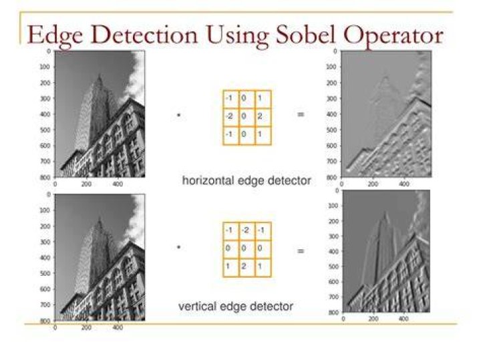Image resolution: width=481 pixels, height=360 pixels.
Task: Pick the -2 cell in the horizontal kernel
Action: pyautogui.click(x=231, y=117)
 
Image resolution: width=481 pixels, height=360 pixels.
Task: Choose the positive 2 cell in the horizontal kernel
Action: pyautogui.click(x=263, y=117)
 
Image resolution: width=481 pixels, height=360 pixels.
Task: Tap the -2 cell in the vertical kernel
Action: pyautogui.click(x=247, y=231)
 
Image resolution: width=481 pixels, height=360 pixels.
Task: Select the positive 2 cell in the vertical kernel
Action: pyautogui.click(x=247, y=267)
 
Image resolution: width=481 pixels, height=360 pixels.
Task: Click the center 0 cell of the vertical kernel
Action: pyautogui.click(x=247, y=249)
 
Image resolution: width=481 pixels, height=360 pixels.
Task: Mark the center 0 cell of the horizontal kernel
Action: pyautogui.click(x=247, y=117)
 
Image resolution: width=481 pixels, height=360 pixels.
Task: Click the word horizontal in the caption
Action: pyautogui.click(x=208, y=180)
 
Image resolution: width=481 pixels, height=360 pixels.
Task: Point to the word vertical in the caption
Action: pyautogui.click(x=198, y=306)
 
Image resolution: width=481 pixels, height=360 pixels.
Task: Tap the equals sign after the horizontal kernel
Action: pyautogui.click(x=301, y=115)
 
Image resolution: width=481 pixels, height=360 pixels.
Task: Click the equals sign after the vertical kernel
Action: pyautogui.click(x=301, y=251)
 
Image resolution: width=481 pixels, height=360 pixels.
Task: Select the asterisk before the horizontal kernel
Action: pyautogui.click(x=179, y=116)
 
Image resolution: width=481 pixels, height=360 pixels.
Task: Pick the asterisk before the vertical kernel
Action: pyautogui.click(x=179, y=247)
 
